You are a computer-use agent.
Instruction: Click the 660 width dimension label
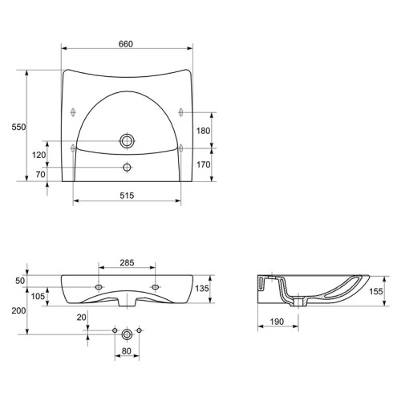(126, 44)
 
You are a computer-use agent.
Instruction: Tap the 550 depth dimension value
(18, 127)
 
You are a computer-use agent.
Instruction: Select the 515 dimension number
(127, 196)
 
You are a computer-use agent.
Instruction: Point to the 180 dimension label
(204, 131)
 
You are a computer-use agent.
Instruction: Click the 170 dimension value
(204, 164)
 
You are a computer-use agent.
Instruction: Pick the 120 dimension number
(39, 155)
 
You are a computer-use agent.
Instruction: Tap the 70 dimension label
(40, 174)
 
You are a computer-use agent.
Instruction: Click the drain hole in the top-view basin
(127, 141)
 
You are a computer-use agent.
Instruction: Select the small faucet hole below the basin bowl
(127, 168)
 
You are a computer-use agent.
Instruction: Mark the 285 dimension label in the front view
(127, 263)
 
